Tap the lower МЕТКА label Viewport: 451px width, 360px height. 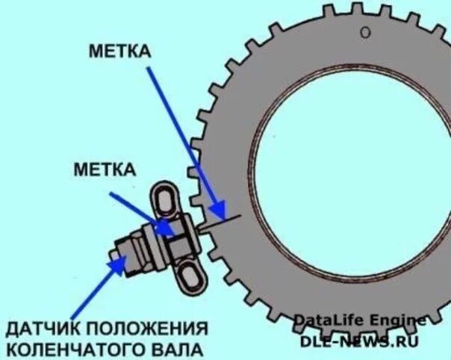(x=105, y=169)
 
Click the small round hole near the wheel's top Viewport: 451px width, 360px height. (x=365, y=32)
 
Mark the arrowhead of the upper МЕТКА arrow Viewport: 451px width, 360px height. (x=218, y=213)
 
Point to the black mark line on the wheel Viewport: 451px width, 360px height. (x=224, y=220)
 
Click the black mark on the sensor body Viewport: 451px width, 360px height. (x=179, y=228)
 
